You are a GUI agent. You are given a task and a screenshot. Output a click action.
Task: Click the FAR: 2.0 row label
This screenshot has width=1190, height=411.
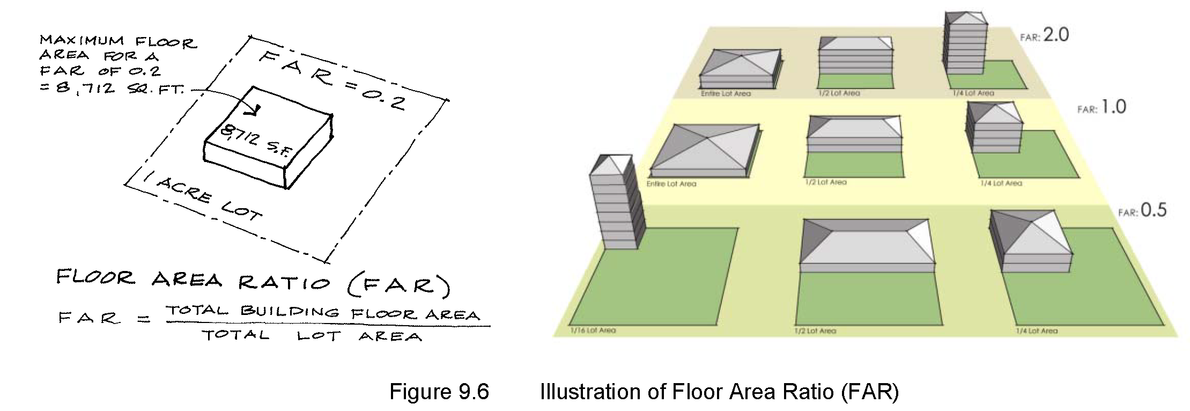pos(1044,35)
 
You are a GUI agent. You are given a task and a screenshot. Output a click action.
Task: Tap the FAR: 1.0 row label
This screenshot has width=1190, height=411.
pos(1102,108)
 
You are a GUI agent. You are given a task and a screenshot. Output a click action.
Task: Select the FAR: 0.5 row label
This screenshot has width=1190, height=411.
pos(1142,210)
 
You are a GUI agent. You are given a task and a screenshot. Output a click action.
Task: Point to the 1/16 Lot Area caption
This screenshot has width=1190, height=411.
pos(593,331)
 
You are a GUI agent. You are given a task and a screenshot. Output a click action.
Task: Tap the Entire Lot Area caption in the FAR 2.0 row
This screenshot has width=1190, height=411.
pos(726,93)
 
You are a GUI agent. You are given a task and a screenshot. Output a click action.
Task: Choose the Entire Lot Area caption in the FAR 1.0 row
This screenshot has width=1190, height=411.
pos(671,184)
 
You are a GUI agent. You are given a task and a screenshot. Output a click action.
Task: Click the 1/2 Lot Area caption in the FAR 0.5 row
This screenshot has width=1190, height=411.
pos(815,331)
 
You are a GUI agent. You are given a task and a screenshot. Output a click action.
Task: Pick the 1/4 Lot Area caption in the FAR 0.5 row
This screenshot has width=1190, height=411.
pos(1036,331)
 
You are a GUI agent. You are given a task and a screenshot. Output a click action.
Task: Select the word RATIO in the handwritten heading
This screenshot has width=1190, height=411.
pos(284,281)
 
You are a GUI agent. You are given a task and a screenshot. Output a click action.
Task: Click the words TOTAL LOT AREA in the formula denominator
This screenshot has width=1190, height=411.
pos(311,336)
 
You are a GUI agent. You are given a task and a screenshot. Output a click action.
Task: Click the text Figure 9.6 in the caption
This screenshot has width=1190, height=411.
pos(439,392)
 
